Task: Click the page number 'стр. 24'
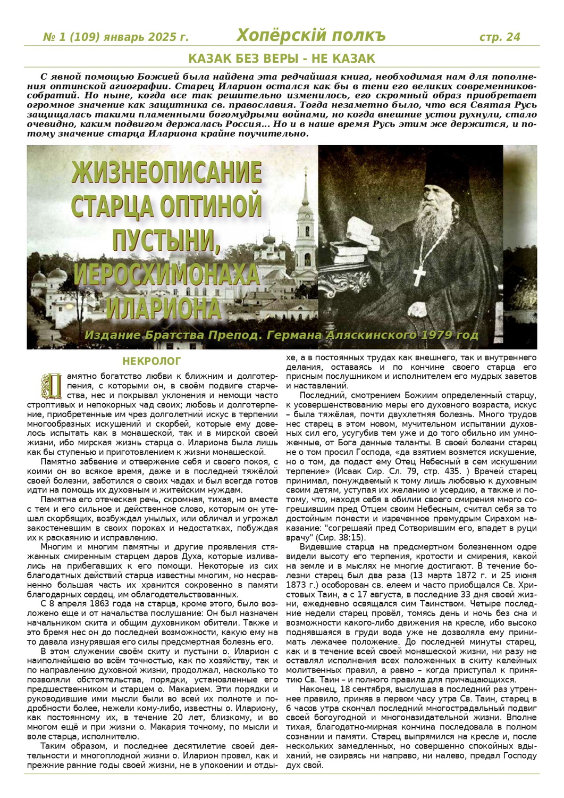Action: click(x=499, y=37)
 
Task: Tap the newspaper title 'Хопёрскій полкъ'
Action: click(x=311, y=35)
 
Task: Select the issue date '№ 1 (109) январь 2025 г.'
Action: click(x=115, y=37)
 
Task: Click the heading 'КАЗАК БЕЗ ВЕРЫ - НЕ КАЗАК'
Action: click(x=282, y=59)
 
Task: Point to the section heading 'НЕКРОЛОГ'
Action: click(x=152, y=362)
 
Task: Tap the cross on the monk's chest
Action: click(x=420, y=272)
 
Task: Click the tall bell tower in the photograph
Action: click(x=305, y=223)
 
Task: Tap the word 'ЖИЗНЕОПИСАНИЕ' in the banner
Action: click(x=166, y=173)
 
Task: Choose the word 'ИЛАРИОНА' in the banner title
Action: click(x=163, y=308)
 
